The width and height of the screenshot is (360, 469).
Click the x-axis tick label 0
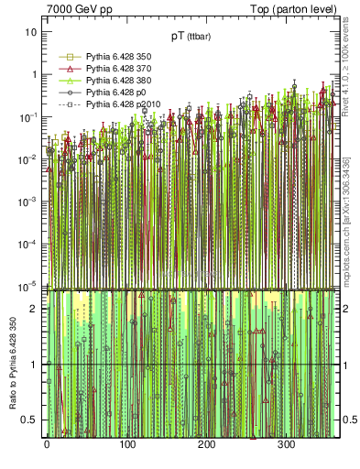[47, 445]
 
